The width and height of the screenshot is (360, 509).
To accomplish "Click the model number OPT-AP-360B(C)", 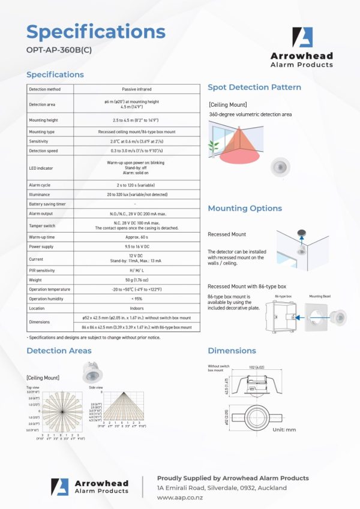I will pyautogui.click(x=59, y=50).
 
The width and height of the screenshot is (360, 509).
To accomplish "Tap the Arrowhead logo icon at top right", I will pyautogui.click(x=303, y=37).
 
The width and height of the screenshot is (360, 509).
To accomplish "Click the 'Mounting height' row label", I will pyautogui.click(x=44, y=120).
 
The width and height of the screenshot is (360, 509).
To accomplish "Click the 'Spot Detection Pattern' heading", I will pyautogui.click(x=254, y=88).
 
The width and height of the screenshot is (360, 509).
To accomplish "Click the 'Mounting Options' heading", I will pyautogui.click(x=245, y=209).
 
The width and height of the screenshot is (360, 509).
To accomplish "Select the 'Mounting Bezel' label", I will pyautogui.click(x=320, y=296).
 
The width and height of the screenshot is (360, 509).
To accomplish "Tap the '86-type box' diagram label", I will pyautogui.click(x=284, y=296).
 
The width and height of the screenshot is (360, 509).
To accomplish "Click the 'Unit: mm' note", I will pyautogui.click(x=284, y=430).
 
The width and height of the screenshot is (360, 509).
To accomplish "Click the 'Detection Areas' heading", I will pyautogui.click(x=59, y=351).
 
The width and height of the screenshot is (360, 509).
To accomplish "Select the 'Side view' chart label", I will pyautogui.click(x=96, y=388).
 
